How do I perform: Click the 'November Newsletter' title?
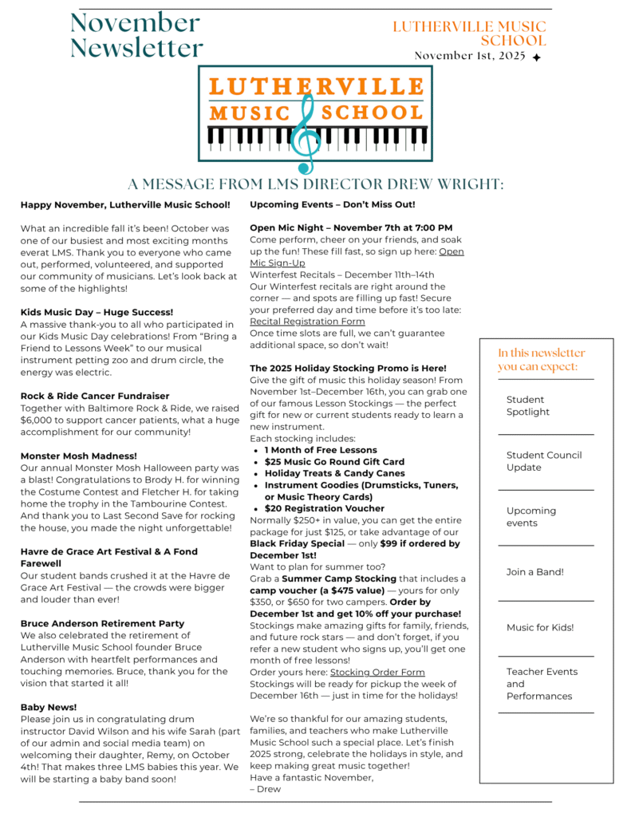coord(136,35)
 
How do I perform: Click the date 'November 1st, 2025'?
coord(471,56)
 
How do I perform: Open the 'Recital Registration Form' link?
coord(307,322)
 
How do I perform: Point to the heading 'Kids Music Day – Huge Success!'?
coord(97,312)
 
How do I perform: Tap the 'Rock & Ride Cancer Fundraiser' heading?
coord(95,396)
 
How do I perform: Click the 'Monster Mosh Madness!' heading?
coord(79,456)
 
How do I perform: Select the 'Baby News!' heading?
coord(49,707)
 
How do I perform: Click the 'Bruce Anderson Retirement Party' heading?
coord(102,623)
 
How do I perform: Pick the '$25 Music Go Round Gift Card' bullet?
coord(334,461)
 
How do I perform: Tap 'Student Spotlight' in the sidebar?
coord(527,405)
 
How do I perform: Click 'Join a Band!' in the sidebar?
coord(534,571)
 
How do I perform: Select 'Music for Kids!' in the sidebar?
coord(540,627)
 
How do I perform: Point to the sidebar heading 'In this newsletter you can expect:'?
coord(542,359)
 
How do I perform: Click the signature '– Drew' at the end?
coord(265,789)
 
